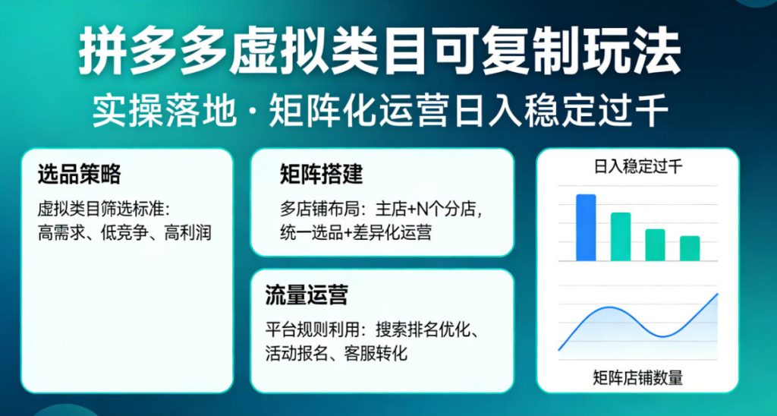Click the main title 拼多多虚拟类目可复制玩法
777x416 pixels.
coord(379,53)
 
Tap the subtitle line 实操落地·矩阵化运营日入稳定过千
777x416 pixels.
coord(379,112)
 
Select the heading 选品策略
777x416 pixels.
coord(79,175)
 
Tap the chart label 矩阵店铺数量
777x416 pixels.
coord(637,377)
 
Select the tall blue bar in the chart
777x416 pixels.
coord(586,228)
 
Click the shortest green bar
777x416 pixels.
coord(689,248)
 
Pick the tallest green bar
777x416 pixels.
coord(621,237)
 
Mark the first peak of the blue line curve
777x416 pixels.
coord(607,307)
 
